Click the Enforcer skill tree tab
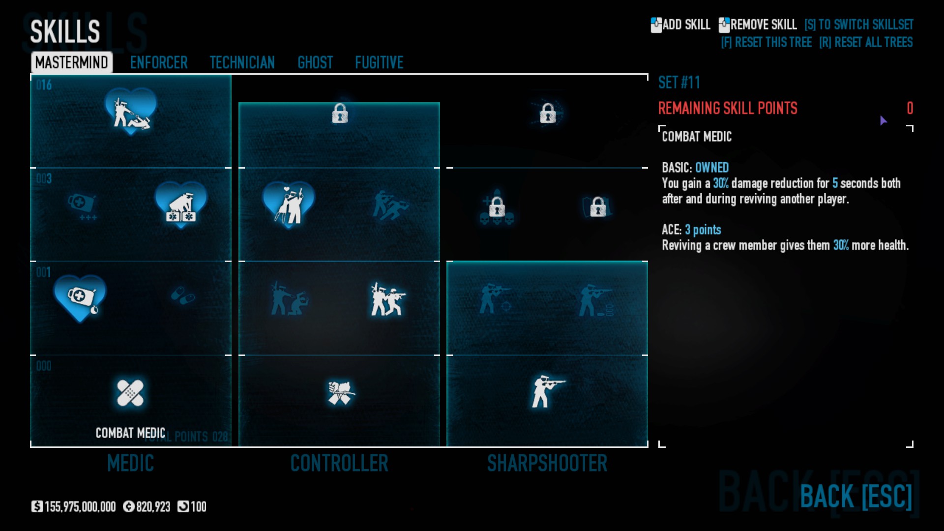158,62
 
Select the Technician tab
242,62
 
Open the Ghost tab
315,62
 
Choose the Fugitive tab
379,62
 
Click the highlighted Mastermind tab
72,62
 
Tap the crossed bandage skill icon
130,393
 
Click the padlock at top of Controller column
340,114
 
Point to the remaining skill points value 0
910,108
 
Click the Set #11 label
679,83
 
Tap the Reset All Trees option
866,42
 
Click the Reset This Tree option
766,42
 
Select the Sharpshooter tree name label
547,463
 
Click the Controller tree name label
339,463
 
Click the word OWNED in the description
711,168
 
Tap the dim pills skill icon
182,296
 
